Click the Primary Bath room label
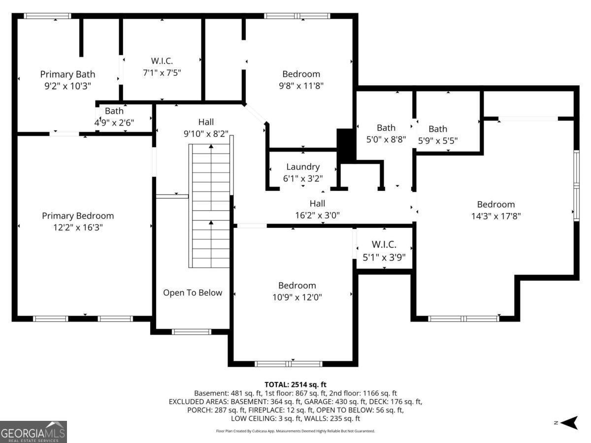tap(67, 74)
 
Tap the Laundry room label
tap(303, 167)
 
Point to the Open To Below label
tap(193, 292)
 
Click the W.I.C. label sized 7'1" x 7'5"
tap(162, 61)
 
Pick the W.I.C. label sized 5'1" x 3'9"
tap(384, 245)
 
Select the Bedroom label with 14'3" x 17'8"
tap(495, 204)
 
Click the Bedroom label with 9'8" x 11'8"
tap(301, 74)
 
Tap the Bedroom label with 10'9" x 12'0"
tap(297, 285)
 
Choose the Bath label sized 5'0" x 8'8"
tap(386, 128)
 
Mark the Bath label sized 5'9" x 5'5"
tap(438, 129)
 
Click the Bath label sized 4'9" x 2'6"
tap(114, 111)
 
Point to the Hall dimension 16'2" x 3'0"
tap(317, 215)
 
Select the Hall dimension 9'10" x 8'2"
tap(206, 134)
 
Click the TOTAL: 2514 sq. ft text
tap(295, 384)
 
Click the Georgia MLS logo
tap(33, 432)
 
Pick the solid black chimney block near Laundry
tap(346, 144)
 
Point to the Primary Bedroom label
tap(78, 216)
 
